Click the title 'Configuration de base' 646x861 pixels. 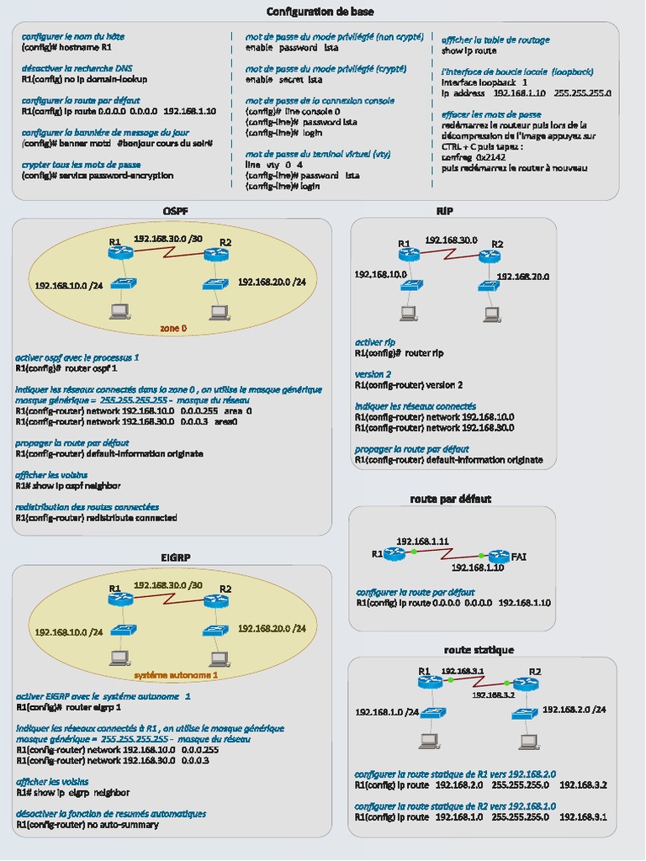pyautogui.click(x=320, y=12)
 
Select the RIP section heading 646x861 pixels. pyautogui.click(x=444, y=209)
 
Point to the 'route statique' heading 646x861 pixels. pyautogui.click(x=479, y=650)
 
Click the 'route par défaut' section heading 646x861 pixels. pyautogui.click(x=450, y=499)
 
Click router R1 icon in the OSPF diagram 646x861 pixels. pyautogui.click(x=121, y=253)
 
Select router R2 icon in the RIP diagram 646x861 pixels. pyautogui.click(x=489, y=256)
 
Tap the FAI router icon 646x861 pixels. pyautogui.click(x=499, y=556)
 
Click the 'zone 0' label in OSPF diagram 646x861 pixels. pyautogui.click(x=174, y=328)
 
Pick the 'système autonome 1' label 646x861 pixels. pyautogui.click(x=175, y=674)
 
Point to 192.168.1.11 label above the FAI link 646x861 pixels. pyautogui.click(x=421, y=541)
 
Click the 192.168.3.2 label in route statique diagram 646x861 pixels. pyautogui.click(x=492, y=695)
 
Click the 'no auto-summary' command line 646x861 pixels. pyautogui.click(x=87, y=825)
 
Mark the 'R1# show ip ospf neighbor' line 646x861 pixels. pyautogui.click(x=68, y=486)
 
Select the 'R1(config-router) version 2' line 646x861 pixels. pyautogui.click(x=409, y=385)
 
